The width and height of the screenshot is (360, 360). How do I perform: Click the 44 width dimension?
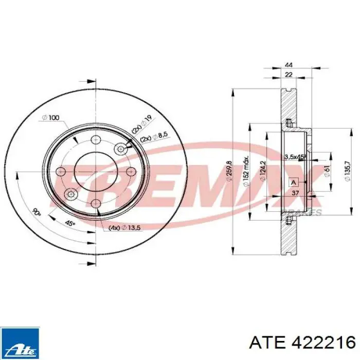click(289, 65)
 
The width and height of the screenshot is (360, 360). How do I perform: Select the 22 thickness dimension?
click(289, 76)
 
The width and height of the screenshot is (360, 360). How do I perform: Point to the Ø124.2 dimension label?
click(262, 171)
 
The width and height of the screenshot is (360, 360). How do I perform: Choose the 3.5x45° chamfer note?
click(295, 156)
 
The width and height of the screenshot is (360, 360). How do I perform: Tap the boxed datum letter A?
click(294, 182)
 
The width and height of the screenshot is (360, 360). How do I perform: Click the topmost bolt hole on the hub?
click(95, 140)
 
